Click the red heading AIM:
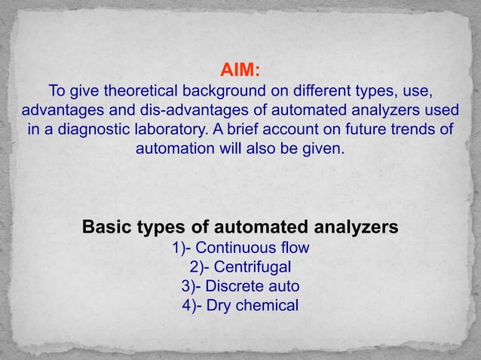tap(240, 72)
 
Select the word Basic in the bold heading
tap(110, 227)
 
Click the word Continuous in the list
tap(240, 248)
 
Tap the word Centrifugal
tap(253, 267)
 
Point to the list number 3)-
tap(191, 286)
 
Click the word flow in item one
tap(293, 248)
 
